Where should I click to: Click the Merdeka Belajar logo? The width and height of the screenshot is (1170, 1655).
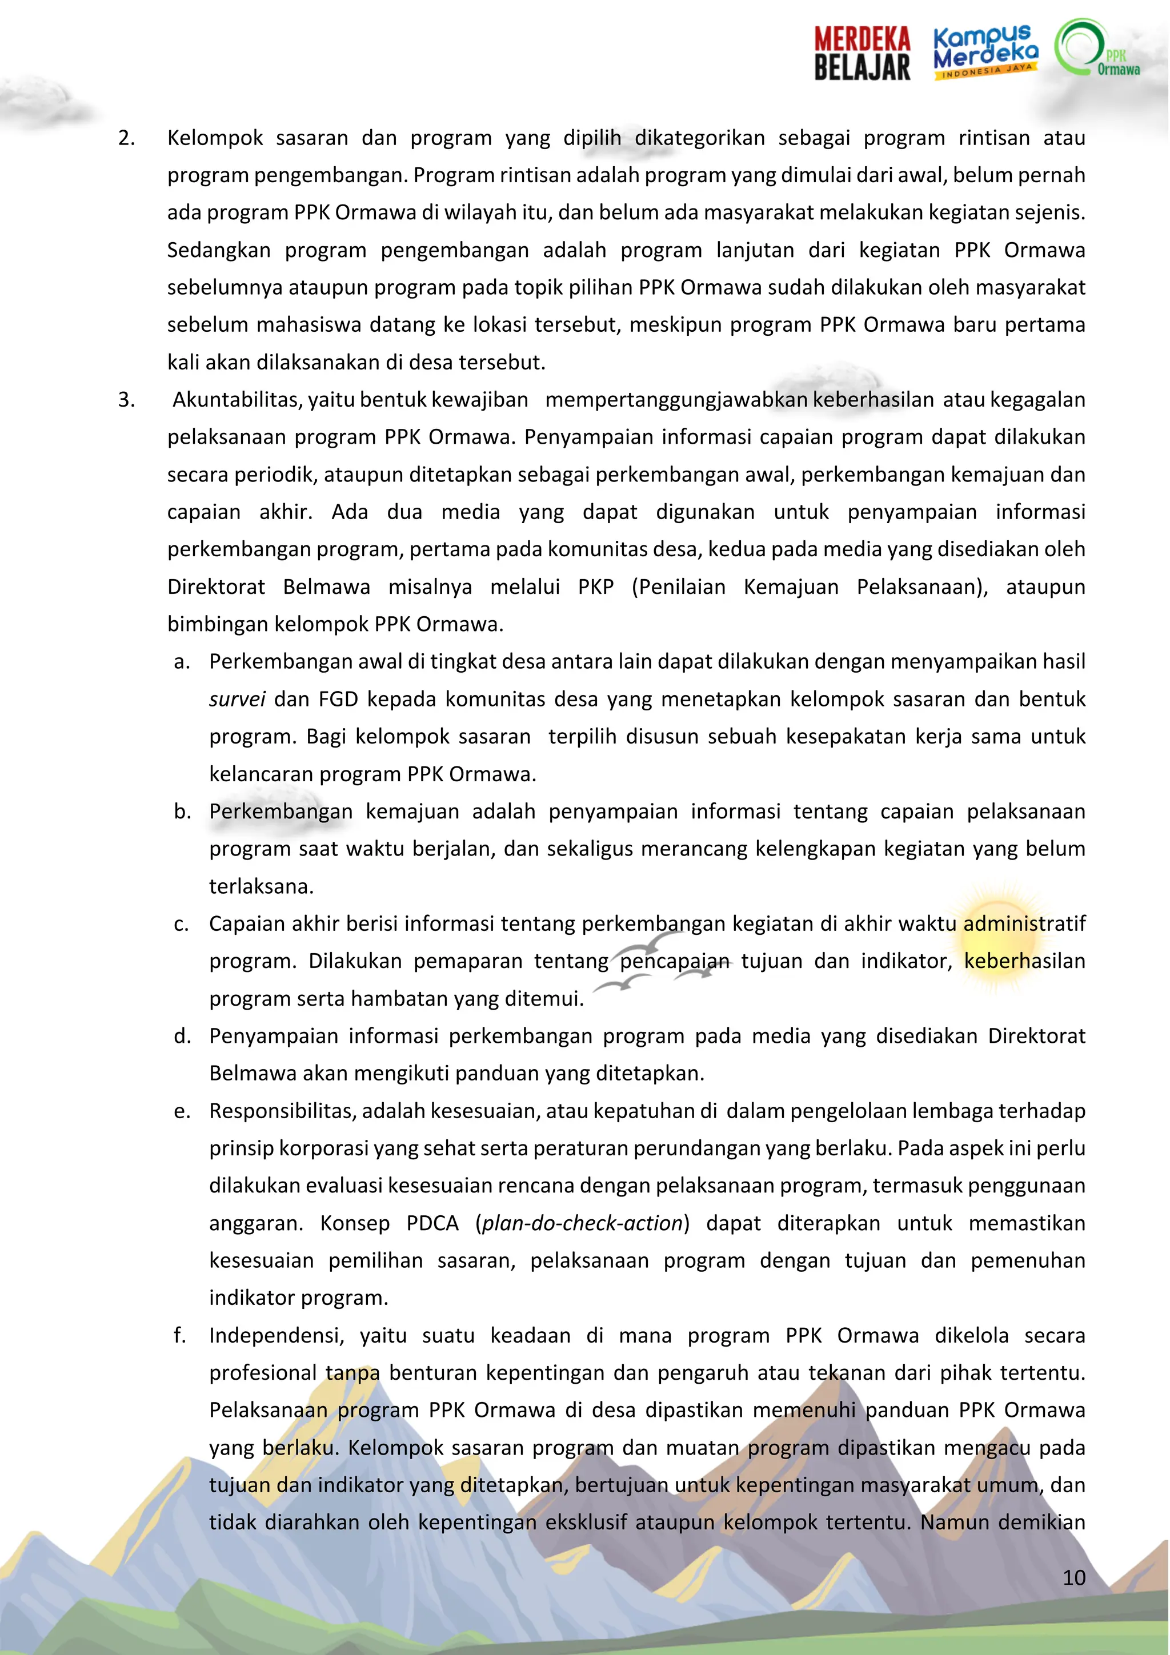862,53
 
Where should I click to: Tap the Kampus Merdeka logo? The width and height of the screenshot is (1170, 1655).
985,52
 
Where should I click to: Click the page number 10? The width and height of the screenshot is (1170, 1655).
1073,1577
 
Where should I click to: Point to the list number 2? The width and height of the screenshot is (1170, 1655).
126,138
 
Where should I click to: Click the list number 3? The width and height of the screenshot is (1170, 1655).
126,399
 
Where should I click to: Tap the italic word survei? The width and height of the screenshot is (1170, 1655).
237,699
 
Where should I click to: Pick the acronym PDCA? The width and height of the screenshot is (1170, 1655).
432,1223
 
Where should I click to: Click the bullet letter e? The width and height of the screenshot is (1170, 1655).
182,1111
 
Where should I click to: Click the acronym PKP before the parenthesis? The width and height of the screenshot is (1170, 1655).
595,587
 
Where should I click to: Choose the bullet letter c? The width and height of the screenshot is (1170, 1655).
182,924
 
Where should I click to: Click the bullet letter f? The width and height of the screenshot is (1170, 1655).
180,1336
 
